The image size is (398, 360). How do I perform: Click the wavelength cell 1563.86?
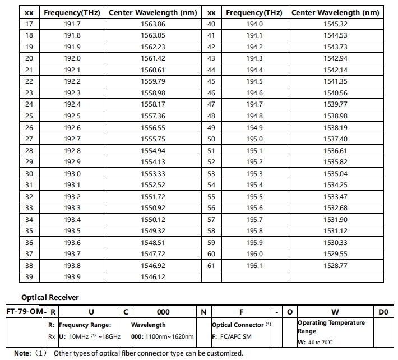click(x=154, y=24)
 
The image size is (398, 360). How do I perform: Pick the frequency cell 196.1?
click(x=254, y=265)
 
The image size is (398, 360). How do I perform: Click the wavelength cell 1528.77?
click(x=335, y=265)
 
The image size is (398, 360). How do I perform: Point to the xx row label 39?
click(x=29, y=277)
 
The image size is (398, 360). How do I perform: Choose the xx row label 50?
click(x=211, y=139)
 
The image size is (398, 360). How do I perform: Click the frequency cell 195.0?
click(x=254, y=139)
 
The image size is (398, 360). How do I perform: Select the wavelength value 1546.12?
click(x=154, y=277)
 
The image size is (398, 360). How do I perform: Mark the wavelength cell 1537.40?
click(x=335, y=139)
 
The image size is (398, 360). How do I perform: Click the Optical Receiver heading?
click(x=50, y=298)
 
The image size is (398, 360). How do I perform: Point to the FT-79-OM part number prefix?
click(x=23, y=311)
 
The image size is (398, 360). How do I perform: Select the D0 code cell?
click(x=383, y=311)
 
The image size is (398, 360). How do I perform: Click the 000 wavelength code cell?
click(x=163, y=311)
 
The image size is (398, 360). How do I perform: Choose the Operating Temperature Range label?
click(x=331, y=326)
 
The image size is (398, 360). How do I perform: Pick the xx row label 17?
click(x=29, y=24)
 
